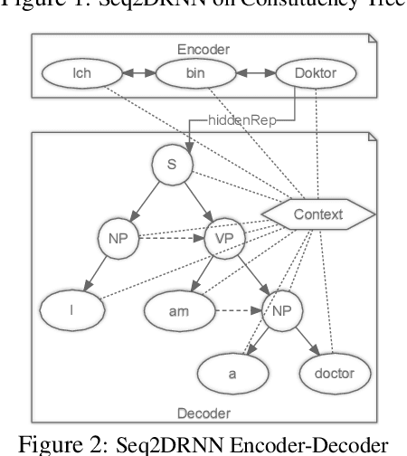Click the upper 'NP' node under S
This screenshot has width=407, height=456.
click(x=117, y=240)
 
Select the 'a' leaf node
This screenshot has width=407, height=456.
click(x=233, y=371)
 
